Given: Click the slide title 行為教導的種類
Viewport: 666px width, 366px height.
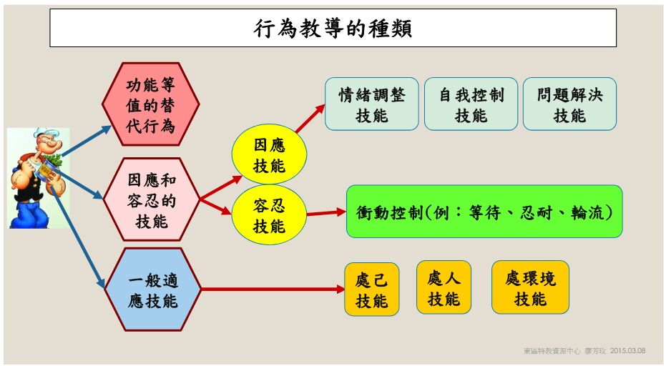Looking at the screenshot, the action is (x=333, y=28).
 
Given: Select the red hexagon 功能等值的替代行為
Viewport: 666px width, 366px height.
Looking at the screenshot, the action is (x=151, y=104).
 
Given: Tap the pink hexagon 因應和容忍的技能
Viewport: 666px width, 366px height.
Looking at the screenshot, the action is (x=151, y=199).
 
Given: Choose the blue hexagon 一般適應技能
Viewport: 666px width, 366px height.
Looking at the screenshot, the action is (x=152, y=290).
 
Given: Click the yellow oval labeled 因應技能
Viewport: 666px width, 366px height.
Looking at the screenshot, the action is (x=269, y=154).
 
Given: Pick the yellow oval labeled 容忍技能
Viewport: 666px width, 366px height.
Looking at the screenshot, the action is (x=269, y=215).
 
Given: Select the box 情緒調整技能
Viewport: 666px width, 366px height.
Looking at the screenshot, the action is (x=372, y=104).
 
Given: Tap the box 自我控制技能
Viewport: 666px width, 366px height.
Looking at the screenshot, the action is (x=471, y=104).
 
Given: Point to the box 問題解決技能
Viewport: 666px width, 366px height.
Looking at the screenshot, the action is (x=569, y=104).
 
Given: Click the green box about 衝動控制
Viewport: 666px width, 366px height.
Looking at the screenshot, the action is (x=484, y=212).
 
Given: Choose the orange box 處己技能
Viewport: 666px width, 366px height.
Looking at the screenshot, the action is (x=372, y=290).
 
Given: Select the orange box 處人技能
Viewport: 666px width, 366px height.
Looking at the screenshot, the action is (x=444, y=287).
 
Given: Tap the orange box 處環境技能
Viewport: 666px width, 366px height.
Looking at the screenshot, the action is (x=530, y=287).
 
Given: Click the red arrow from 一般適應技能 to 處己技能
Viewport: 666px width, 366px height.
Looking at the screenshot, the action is (x=273, y=290).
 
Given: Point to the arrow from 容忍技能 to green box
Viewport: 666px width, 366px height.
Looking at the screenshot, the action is (x=326, y=213).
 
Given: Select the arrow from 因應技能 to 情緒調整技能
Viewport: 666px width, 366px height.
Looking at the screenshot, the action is (x=310, y=119).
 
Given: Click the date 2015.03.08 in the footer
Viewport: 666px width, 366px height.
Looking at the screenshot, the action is (x=628, y=351).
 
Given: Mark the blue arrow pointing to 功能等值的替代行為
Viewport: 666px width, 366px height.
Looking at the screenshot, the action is (x=87, y=141).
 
